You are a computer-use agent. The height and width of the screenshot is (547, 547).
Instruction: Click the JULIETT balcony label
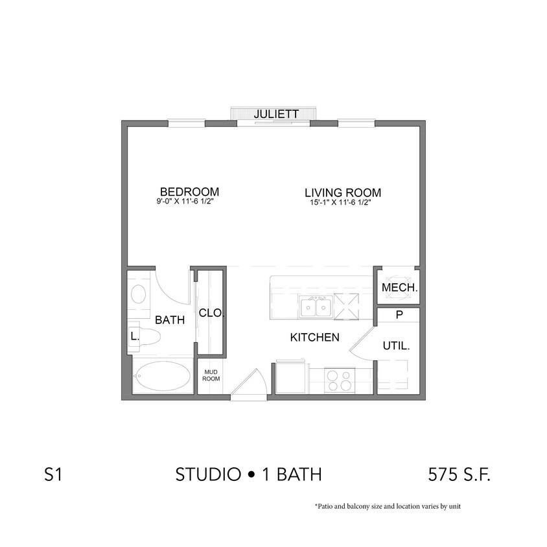pyautogui.click(x=276, y=114)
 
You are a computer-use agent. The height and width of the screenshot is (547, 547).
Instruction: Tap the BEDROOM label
pyautogui.click(x=189, y=192)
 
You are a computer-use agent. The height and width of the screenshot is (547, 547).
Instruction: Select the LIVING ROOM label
pyautogui.click(x=343, y=192)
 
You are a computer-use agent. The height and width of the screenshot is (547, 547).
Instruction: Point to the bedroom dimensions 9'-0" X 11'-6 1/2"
pyautogui.click(x=189, y=202)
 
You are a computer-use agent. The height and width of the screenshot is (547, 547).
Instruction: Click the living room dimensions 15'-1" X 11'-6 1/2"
pyautogui.click(x=343, y=202)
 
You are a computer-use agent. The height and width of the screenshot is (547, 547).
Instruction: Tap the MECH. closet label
pyautogui.click(x=399, y=287)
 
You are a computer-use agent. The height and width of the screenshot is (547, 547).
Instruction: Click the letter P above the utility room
pyautogui.click(x=399, y=315)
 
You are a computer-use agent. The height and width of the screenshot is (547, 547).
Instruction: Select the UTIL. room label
pyautogui.click(x=396, y=346)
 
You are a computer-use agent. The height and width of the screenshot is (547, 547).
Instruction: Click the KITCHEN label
pyautogui.click(x=314, y=337)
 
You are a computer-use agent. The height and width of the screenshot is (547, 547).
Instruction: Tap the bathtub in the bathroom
pyautogui.click(x=162, y=376)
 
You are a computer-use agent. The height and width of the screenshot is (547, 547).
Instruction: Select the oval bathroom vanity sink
pyautogui.click(x=139, y=295)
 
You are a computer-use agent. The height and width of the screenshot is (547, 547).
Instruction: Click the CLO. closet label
pyautogui.click(x=211, y=313)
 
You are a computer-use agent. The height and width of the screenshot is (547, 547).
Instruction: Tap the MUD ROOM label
pyautogui.click(x=211, y=376)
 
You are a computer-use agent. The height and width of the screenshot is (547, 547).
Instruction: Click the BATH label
pyautogui.click(x=170, y=320)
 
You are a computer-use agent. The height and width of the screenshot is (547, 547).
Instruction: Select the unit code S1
pyautogui.click(x=52, y=474)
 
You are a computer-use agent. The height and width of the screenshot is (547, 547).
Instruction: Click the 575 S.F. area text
pyautogui.click(x=459, y=474)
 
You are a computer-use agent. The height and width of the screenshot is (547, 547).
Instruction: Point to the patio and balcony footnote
pyautogui.click(x=388, y=506)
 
